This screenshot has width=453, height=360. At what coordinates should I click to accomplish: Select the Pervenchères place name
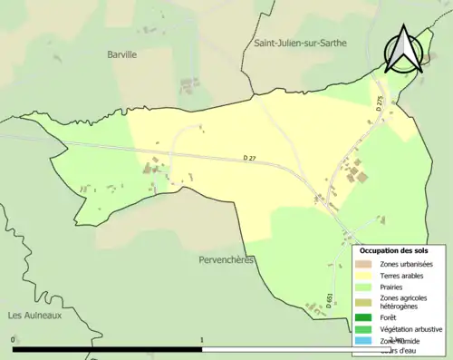click(x=226, y=259)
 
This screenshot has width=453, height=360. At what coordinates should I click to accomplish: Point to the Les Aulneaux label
click(x=34, y=315)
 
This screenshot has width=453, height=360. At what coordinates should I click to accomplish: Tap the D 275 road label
click(x=380, y=103)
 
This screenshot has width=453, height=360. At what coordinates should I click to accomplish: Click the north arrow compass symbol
click(x=403, y=50)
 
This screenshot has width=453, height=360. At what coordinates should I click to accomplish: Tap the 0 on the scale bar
click(x=13, y=340)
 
